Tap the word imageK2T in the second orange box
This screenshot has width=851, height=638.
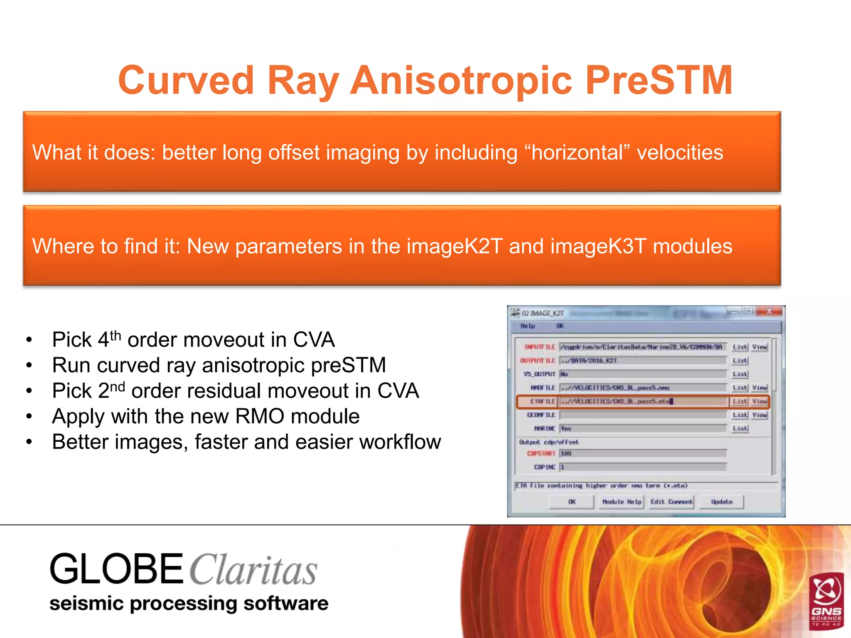(x=454, y=246)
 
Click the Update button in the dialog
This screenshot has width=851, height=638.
(x=721, y=502)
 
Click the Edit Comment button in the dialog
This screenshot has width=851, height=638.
(x=671, y=502)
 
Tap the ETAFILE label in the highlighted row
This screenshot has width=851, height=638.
(x=542, y=401)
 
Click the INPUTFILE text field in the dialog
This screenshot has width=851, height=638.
(x=642, y=347)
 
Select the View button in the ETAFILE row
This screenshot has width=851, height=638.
(x=760, y=401)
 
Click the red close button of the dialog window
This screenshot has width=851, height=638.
(x=769, y=311)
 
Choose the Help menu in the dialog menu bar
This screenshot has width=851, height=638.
(x=528, y=326)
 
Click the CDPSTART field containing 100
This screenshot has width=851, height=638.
(x=642, y=453)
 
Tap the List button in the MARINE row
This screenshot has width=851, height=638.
(x=740, y=428)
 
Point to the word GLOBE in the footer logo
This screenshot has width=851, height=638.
(x=116, y=569)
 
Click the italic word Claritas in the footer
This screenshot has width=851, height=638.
(x=253, y=570)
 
